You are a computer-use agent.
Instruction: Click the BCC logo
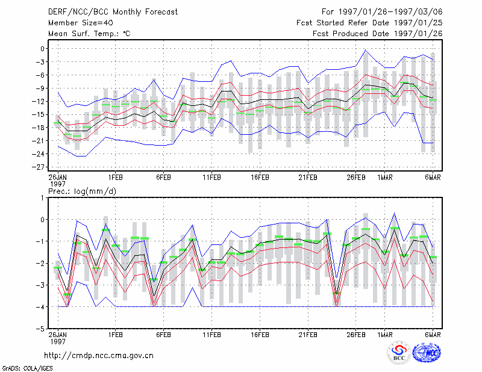pos(399,353)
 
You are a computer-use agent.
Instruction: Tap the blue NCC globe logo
pos(427,353)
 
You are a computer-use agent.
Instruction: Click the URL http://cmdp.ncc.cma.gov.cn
pos(99,356)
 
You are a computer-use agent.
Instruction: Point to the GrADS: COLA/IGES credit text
pos(28,368)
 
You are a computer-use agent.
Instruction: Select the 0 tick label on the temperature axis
pos(42,49)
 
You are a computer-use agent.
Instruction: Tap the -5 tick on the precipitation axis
pos(40,329)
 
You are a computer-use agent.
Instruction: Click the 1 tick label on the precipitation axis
pos(42,198)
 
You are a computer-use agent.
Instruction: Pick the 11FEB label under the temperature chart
pos(212,178)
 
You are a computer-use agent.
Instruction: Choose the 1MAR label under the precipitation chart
pos(385,335)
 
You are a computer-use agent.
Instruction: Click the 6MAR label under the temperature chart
pos(433,178)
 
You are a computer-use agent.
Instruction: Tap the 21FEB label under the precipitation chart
pos(308,335)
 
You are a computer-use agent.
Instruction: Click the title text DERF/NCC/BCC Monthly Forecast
pos(113,12)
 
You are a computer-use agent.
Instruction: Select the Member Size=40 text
pos(81,23)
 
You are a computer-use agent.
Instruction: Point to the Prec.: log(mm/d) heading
pos(82,191)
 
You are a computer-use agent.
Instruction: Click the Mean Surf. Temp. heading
pos(89,34)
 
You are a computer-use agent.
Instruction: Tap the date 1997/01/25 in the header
pos(418,23)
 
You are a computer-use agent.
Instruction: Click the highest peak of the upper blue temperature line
pos(365,50)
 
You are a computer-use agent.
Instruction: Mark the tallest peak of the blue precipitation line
pos(394,213)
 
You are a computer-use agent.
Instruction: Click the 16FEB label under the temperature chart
pos(260,178)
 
